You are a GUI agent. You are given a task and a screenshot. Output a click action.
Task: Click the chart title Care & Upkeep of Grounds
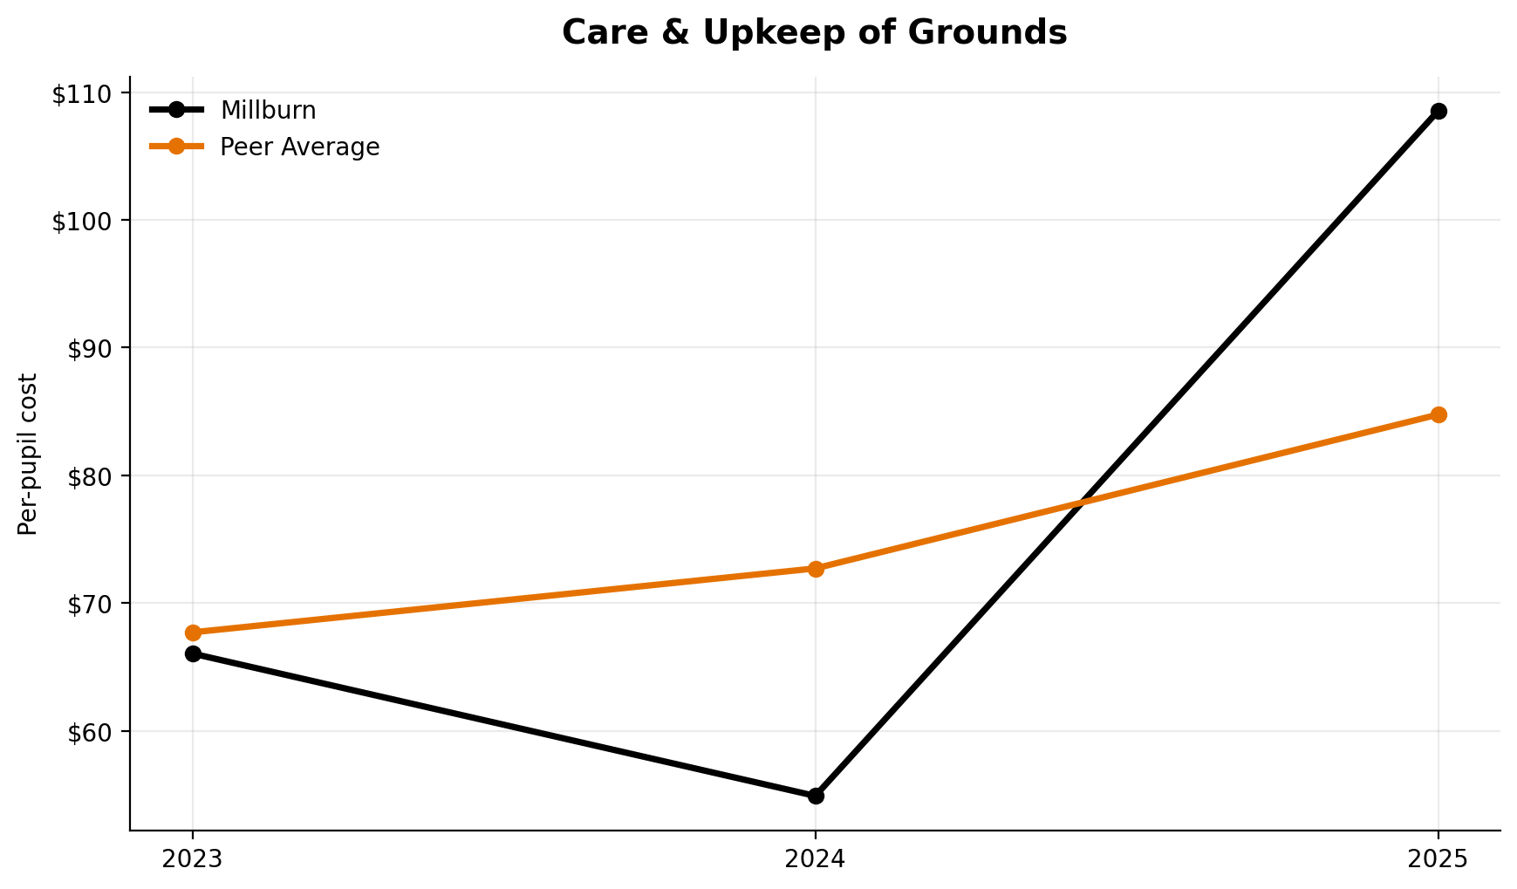coord(814,33)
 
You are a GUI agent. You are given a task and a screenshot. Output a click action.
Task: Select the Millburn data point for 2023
coord(193,653)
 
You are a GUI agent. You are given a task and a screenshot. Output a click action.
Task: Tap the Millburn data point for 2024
coord(816,796)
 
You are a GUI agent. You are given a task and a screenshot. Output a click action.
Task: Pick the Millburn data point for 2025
coord(1438,111)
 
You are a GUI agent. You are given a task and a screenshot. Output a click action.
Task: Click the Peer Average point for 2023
coord(193,633)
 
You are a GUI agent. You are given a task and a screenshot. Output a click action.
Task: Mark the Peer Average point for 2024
coord(816,569)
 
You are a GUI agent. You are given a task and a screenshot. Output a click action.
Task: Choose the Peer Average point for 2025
coord(1438,414)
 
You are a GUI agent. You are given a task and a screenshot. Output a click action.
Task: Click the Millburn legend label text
coord(268,111)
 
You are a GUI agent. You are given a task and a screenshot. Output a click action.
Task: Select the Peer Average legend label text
coord(299,147)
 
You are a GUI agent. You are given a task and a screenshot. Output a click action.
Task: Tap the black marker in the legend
coord(176,110)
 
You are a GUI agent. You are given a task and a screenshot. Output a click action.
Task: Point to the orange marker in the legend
coord(176,147)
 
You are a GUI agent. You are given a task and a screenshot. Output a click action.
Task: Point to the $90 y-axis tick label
coord(90,349)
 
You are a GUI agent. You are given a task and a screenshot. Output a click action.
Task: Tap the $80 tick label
coord(90,477)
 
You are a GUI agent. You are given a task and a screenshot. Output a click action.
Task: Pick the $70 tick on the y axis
coord(90,605)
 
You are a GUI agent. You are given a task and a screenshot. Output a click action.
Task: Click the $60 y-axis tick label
coord(90,732)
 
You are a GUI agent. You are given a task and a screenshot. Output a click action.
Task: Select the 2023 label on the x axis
coord(193,859)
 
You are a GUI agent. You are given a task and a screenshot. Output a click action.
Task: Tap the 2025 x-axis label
coord(1438,859)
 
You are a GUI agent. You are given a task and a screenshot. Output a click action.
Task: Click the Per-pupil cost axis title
coord(29,454)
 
